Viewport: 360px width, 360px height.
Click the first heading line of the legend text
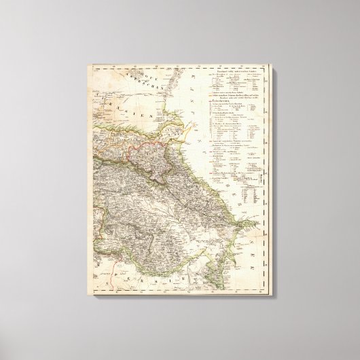click(x=234, y=71)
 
